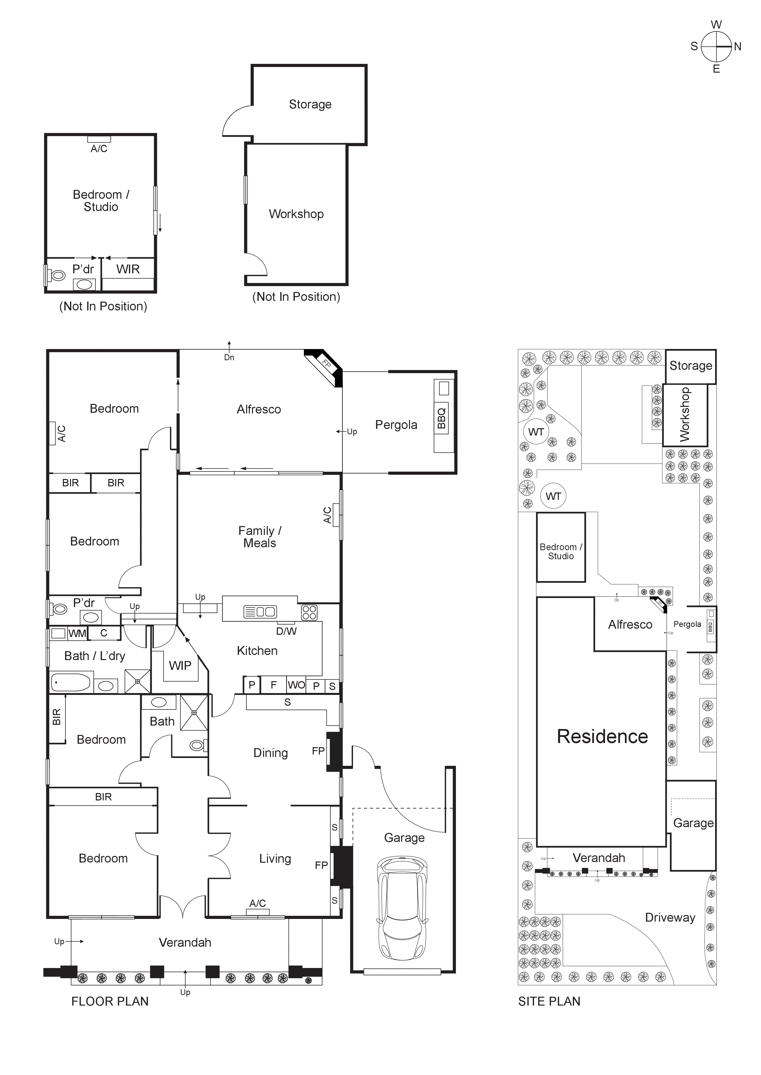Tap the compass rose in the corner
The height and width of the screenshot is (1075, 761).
(716, 46)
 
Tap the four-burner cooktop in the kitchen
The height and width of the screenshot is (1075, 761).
(309, 612)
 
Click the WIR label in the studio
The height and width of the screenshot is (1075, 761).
(128, 269)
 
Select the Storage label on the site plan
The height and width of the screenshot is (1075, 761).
(691, 366)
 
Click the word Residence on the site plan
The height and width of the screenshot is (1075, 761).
(602, 736)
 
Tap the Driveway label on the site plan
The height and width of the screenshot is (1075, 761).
(670, 917)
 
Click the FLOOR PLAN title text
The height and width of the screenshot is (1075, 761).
(110, 1001)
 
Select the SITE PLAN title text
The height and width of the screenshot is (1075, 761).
(549, 1001)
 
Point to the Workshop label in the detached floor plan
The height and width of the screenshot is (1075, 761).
(296, 214)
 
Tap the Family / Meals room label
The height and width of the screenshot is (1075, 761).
(260, 537)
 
